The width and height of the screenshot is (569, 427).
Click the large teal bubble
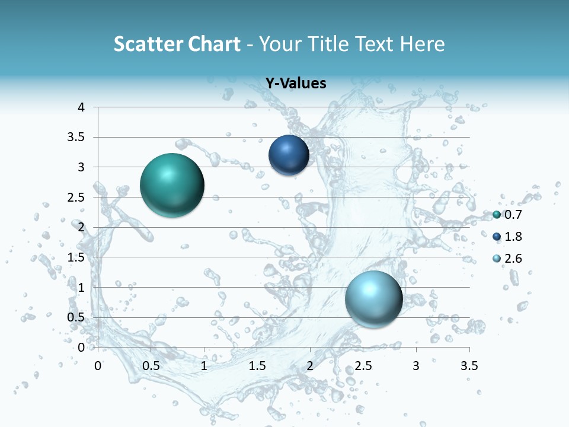tap(172, 184)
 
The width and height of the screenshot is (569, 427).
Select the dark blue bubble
tap(289, 155)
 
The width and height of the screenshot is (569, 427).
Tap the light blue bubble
tap(374, 298)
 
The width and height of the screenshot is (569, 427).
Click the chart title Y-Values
tap(296, 84)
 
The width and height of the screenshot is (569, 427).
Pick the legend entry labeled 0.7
tap(507, 215)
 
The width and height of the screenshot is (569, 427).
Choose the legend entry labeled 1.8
tap(507, 237)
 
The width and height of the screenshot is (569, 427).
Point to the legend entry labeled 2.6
tap(507, 259)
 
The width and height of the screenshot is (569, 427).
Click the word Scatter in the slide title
tap(146, 44)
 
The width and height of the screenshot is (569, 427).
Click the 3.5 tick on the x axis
tap(469, 366)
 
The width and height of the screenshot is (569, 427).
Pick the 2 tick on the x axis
tap(310, 366)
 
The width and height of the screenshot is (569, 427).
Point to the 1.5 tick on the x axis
tap(257, 366)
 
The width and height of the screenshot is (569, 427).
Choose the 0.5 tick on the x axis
tap(151, 366)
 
